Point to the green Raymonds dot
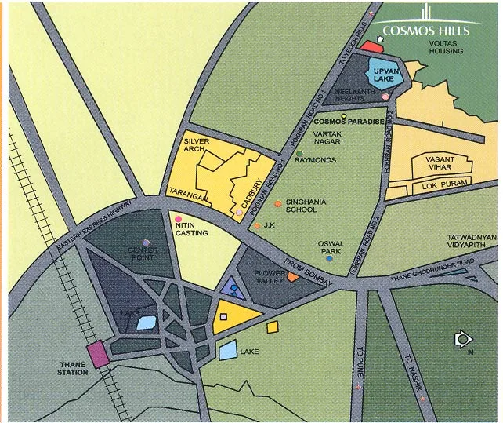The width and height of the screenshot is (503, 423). point(299,154)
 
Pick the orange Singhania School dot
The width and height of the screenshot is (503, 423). point(278,204)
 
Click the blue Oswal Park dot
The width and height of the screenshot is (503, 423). point(330,257)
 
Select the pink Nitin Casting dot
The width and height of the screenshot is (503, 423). point(179,219)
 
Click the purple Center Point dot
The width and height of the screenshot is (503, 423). point(146,242)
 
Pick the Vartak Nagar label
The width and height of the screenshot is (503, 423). point(329,138)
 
